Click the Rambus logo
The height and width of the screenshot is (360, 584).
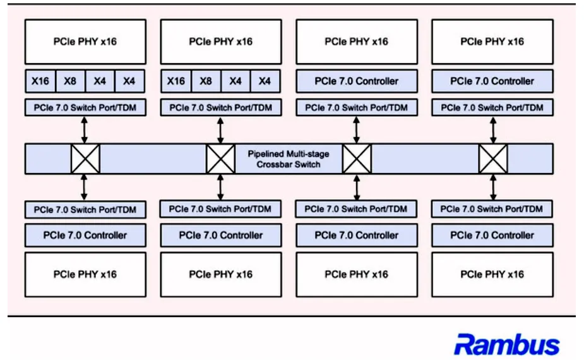click(506, 344)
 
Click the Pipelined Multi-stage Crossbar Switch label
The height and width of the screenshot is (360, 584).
click(289, 159)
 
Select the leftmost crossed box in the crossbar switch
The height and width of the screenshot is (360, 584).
click(85, 159)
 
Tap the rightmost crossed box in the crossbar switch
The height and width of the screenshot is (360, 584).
click(492, 159)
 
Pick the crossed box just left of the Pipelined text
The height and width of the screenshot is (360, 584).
click(220, 159)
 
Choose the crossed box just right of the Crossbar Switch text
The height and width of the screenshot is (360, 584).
click(357, 159)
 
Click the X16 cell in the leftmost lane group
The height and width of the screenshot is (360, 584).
click(40, 81)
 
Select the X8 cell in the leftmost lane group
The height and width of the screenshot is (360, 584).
click(70, 81)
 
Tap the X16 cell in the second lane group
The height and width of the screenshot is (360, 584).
click(176, 81)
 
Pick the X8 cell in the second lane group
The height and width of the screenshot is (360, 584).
click(206, 81)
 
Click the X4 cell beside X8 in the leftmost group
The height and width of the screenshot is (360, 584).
click(100, 81)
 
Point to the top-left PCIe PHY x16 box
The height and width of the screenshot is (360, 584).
click(85, 42)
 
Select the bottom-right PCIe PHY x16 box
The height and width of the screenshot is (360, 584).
click(492, 275)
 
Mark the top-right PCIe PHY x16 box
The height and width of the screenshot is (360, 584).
click(492, 42)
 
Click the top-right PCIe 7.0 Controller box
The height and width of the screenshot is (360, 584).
click(492, 81)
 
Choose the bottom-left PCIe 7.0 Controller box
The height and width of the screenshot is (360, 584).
click(85, 235)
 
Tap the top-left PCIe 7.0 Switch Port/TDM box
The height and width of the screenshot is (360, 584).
click(85, 107)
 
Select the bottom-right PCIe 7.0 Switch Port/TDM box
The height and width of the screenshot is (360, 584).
click(492, 209)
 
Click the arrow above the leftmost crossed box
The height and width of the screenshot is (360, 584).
click(85, 130)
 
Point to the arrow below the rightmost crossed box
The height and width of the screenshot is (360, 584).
click(493, 188)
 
